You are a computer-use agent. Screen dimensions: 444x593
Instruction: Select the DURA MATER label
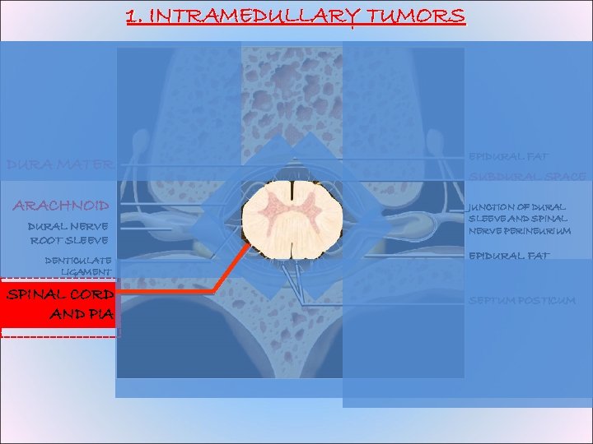58,164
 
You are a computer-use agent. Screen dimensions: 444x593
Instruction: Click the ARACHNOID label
61,204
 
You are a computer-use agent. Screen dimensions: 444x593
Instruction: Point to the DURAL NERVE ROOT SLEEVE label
68,233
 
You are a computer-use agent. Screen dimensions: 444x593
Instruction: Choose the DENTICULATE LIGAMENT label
78,266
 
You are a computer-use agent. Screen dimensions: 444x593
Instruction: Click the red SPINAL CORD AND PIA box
58,303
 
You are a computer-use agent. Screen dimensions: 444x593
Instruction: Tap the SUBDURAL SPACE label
527,177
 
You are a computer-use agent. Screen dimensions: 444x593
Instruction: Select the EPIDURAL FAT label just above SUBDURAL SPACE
509,155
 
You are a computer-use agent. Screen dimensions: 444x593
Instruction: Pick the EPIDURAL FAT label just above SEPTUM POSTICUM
509,256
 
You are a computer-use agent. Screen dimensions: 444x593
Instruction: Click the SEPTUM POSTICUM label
521,300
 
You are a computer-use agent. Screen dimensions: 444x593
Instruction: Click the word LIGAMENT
86,271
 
